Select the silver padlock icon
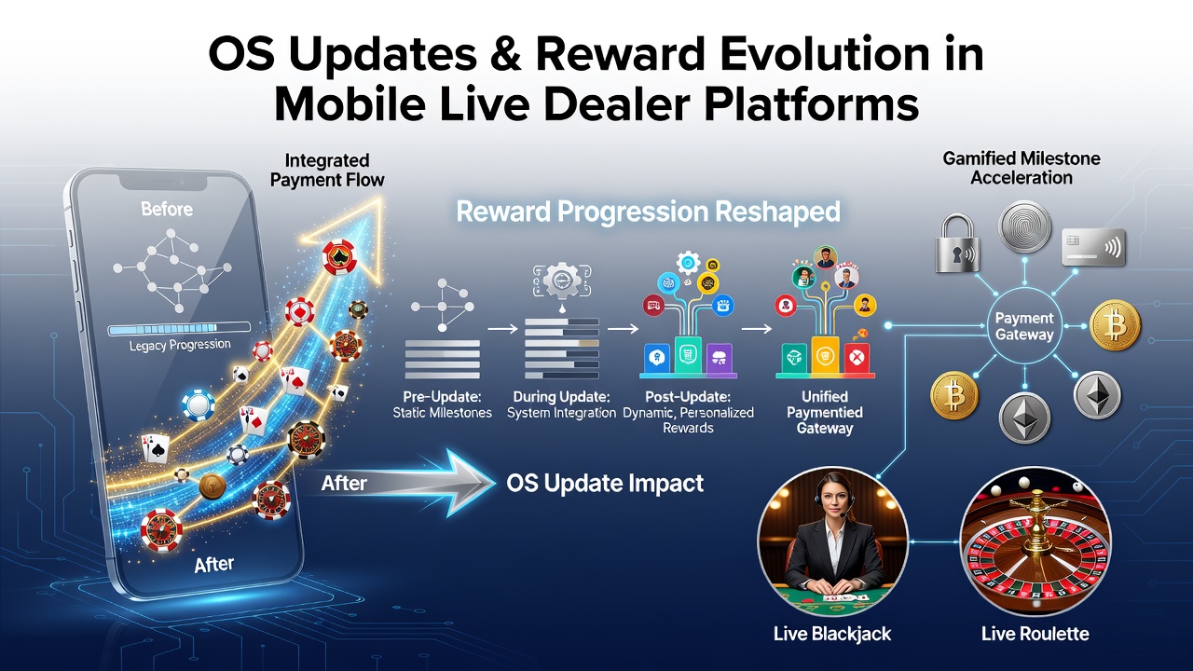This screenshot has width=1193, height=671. [957, 243]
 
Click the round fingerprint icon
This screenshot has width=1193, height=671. [1024, 226]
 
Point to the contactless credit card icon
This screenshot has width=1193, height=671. [1094, 247]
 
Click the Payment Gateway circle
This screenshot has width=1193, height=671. [1024, 326]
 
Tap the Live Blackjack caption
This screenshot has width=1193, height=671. [832, 634]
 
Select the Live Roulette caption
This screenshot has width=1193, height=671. [1035, 634]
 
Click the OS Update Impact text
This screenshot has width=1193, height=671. [605, 484]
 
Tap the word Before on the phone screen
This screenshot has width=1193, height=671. [167, 209]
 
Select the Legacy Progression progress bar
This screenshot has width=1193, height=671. [179, 329]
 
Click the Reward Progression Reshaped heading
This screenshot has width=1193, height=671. [648, 212]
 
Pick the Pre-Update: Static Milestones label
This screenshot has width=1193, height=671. [442, 404]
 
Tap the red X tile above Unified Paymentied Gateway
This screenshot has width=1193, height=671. [857, 357]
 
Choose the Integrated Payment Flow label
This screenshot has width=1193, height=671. [327, 170]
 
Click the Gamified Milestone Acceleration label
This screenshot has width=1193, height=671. [1022, 168]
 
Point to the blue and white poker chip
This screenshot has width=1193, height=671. [199, 404]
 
